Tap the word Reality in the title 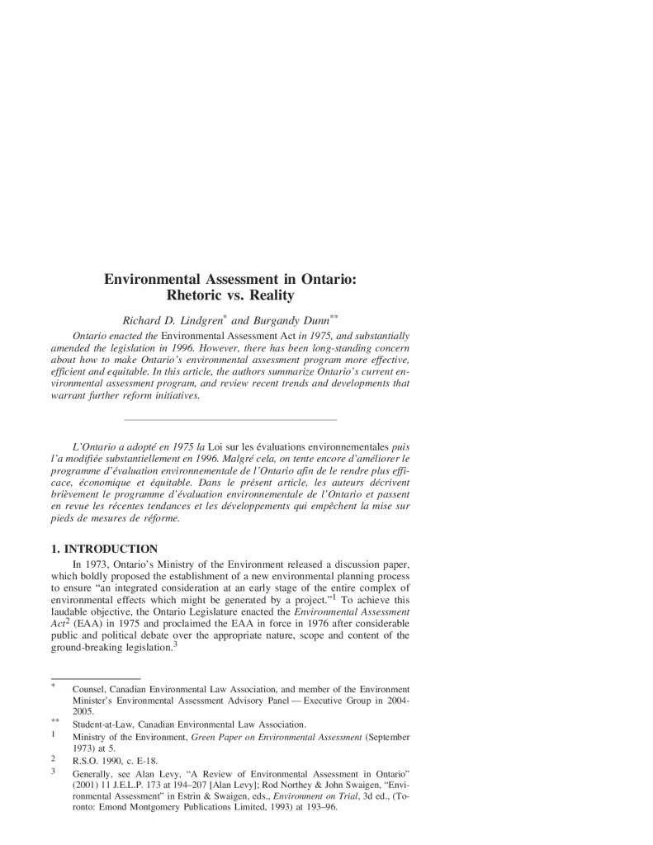click(x=271, y=295)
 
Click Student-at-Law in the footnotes click(x=103, y=724)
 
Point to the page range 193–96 click(x=324, y=807)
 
